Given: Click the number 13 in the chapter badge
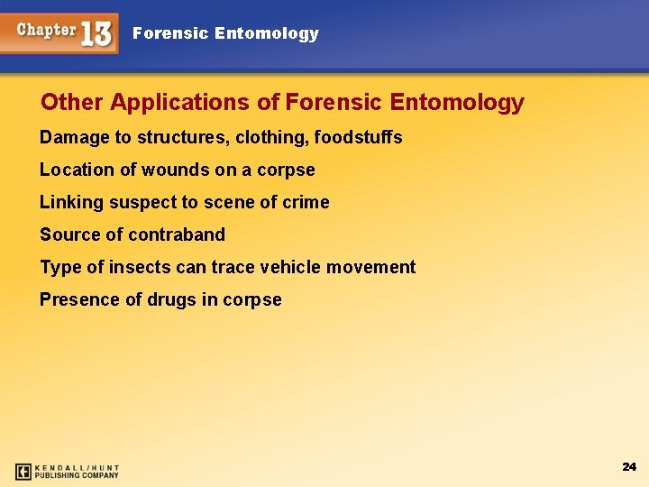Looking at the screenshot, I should (96, 34).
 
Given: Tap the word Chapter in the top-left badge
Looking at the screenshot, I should (47, 30).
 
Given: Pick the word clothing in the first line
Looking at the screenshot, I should (271, 137).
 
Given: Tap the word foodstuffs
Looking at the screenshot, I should (358, 137).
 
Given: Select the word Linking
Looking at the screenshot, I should (72, 202).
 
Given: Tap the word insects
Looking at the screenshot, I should (140, 267).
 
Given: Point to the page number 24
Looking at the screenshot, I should (629, 466).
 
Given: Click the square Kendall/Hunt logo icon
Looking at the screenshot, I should (23, 471).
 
